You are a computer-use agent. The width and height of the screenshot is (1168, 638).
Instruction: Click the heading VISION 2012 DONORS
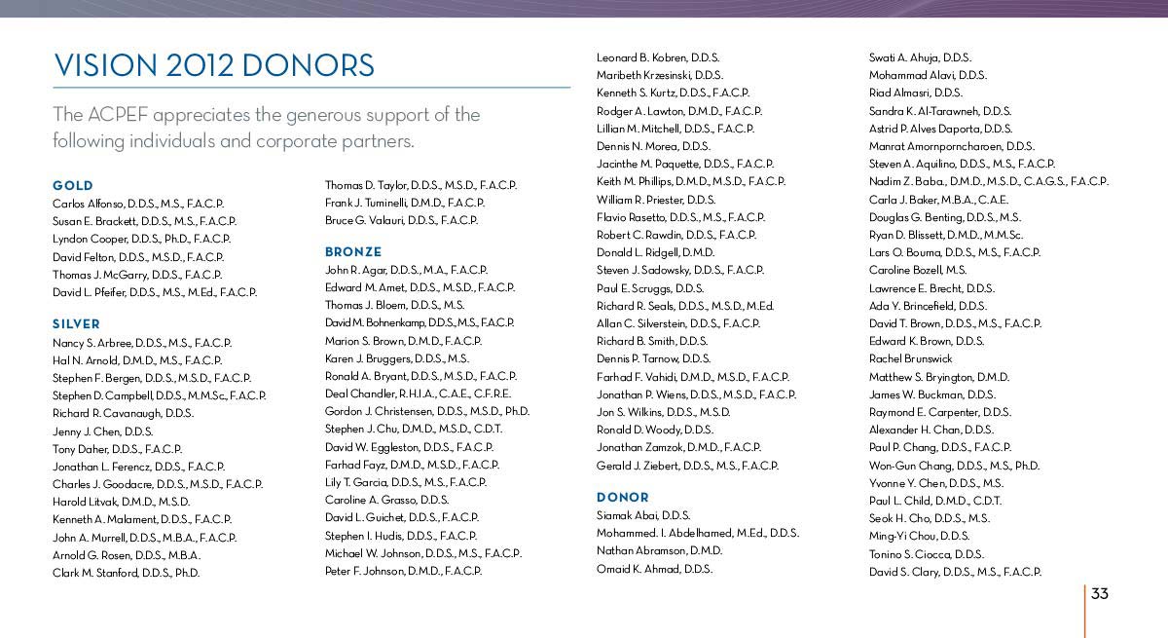coord(214,65)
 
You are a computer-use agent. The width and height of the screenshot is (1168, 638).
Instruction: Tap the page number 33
coord(1100,594)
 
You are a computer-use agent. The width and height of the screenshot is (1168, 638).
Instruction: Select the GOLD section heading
coord(73,185)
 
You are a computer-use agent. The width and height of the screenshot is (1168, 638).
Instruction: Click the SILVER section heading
coord(76,323)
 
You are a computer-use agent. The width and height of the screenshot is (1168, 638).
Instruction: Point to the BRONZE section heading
coord(353,251)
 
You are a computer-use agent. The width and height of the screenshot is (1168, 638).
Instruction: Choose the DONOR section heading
coord(622,498)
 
